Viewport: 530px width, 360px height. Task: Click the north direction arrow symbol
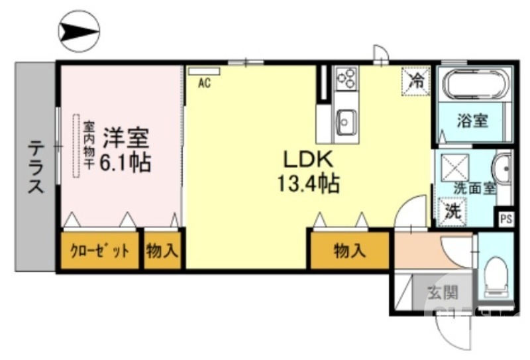tap(79, 30)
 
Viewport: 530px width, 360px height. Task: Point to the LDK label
tap(307, 160)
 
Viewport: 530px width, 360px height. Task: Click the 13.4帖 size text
tap(307, 182)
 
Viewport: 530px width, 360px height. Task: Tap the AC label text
tap(205, 83)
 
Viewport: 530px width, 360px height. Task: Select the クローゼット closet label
tap(101, 251)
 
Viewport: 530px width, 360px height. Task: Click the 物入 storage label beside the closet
tap(162, 251)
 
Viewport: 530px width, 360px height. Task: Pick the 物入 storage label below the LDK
tap(350, 251)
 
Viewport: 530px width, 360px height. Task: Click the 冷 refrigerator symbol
tap(416, 82)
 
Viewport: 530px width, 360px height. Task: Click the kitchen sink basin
tap(344, 121)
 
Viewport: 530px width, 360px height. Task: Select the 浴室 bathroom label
tap(473, 121)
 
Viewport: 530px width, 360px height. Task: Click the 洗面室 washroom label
tap(474, 188)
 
